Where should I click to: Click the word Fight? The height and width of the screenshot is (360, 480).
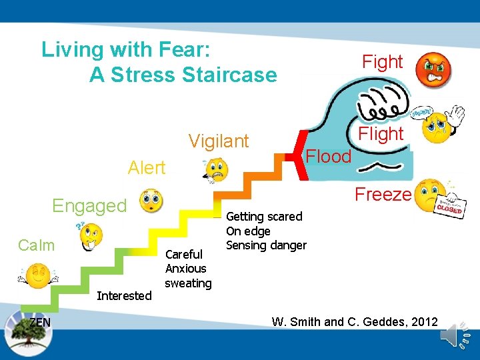tap(382, 62)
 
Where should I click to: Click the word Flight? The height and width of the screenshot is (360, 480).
tap(381, 134)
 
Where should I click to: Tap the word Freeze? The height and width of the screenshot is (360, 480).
tap(383, 195)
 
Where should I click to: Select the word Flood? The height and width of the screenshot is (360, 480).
tap(328, 157)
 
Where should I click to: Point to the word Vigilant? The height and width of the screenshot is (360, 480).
tap(219, 141)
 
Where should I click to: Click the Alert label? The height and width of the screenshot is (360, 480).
tap(147, 168)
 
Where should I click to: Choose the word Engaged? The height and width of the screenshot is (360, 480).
tap(89, 206)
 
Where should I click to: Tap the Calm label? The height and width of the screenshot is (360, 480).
tap(37, 245)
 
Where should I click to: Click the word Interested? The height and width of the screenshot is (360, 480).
tap(124, 295)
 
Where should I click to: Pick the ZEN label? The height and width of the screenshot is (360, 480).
tap(40, 323)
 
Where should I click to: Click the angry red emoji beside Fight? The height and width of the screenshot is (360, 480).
tap(435, 69)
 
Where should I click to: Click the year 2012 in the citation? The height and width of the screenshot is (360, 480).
tap(421, 323)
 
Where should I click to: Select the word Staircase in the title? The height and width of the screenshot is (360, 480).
tap(227, 75)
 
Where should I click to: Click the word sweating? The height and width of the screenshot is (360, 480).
tap(188, 283)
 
